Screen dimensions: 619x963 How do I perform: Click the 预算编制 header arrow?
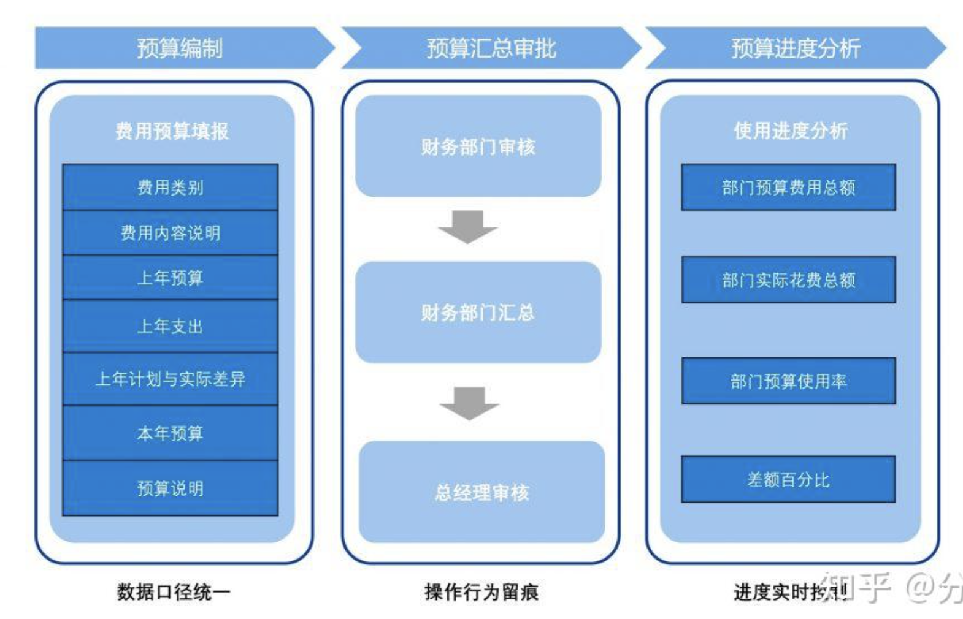pos(180,48)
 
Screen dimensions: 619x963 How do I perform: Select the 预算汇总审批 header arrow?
pos(491,48)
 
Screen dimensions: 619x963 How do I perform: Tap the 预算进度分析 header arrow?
pos(796,48)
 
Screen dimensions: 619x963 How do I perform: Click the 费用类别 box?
pos(170,187)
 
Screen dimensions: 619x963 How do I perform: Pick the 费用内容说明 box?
pos(170,233)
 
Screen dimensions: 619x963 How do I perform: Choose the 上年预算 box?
pos(170,278)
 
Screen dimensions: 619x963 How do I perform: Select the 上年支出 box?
pos(170,326)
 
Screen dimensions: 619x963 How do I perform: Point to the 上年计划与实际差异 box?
pos(170,379)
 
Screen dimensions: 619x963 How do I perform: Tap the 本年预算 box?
pos(170,433)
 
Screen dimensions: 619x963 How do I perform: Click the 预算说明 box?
pos(170,488)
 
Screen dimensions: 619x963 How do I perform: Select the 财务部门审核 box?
pos(478,146)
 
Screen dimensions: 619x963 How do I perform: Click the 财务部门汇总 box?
pos(478,313)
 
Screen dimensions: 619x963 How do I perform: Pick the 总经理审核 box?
pos(481,492)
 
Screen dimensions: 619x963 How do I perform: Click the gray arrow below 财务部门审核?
pos(467,226)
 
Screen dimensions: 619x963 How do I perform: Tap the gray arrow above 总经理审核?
pos(469,403)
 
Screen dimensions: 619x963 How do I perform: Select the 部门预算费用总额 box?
pos(788,187)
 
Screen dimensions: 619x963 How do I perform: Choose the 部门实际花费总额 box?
pos(788,279)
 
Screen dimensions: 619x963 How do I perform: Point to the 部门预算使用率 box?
pos(788,381)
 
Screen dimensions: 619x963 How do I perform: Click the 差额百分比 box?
pos(788,479)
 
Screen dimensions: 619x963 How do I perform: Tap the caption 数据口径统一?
pos(174,591)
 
